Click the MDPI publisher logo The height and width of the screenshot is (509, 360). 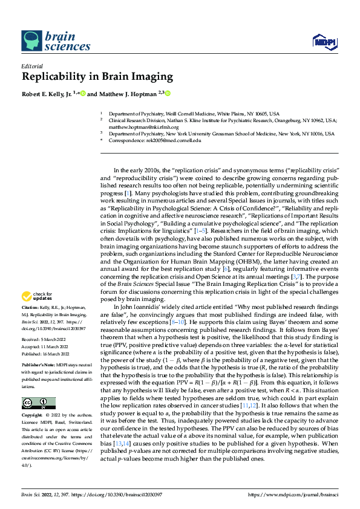pyautogui.click(x=323, y=41)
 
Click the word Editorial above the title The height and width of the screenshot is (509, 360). pyautogui.click(x=31, y=66)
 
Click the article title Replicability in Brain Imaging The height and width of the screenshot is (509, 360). pyautogui.click(x=97, y=77)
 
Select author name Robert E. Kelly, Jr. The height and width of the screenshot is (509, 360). pyautogui.click(x=46, y=94)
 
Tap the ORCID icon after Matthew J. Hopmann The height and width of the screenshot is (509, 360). pyautogui.click(x=168, y=94)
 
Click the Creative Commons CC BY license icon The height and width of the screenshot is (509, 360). pyautogui.click(x=38, y=386)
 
